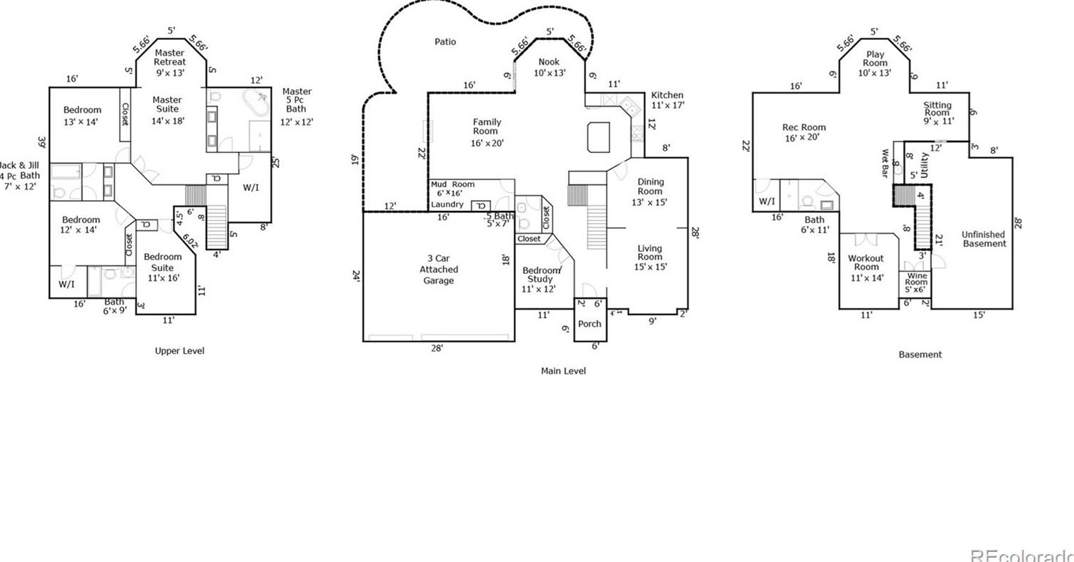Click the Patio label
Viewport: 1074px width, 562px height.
(445, 41)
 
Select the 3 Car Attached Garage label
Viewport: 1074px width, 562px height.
(438, 270)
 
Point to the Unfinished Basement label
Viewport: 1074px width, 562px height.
(983, 239)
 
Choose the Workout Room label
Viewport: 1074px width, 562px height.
(866, 262)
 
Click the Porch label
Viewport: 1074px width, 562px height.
(590, 324)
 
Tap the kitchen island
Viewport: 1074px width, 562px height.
(599, 137)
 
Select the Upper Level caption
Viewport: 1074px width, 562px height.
(179, 351)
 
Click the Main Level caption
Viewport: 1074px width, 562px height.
(564, 370)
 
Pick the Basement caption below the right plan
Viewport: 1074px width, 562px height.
(920, 355)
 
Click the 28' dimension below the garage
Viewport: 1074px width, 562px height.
(437, 348)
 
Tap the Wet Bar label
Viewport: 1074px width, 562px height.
(885, 163)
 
